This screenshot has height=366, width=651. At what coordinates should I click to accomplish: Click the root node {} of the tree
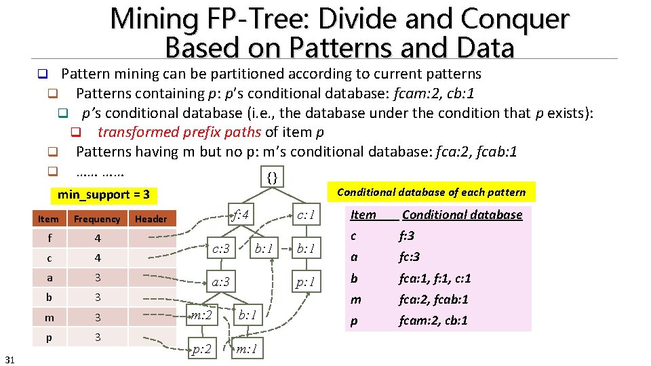coord(272,178)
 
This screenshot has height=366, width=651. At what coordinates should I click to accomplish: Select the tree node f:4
coord(241,216)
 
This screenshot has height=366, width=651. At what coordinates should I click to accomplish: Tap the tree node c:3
coord(220,249)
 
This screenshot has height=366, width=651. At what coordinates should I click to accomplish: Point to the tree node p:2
coord(201,349)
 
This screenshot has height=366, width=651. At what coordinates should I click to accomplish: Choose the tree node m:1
coord(246,349)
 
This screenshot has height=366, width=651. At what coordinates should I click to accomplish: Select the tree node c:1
coord(304,216)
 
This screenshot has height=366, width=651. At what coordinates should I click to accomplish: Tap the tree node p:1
coord(304,282)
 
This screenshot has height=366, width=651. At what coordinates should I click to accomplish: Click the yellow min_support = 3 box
coord(104,195)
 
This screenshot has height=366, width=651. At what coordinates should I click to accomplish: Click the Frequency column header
coord(97,219)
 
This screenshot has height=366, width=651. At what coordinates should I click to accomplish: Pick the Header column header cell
coord(151,219)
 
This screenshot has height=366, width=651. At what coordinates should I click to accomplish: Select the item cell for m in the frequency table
coord(49,317)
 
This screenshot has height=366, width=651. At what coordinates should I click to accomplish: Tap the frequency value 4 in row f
coord(97,239)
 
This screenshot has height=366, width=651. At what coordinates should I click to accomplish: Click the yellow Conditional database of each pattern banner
coord(431,192)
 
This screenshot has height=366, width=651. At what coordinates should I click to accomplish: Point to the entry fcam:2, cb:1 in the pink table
coord(433,321)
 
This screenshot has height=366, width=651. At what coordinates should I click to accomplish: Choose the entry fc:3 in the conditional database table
coord(409,257)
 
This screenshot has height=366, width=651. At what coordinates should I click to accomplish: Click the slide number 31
coord(10,357)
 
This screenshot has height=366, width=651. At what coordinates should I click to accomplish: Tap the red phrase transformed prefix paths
coord(179,131)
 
